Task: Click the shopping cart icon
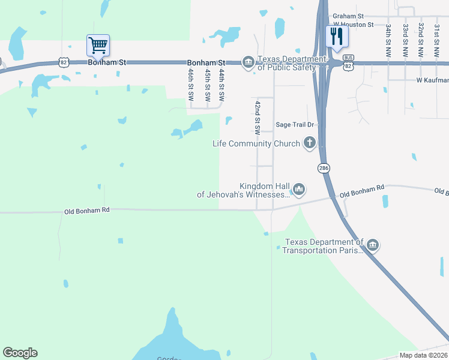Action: [98, 45]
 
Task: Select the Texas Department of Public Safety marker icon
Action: [248, 61]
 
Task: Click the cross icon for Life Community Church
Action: [310, 143]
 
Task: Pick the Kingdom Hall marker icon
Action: [299, 190]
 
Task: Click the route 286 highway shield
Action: [324, 168]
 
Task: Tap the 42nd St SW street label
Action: [257, 116]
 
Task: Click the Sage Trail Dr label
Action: [295, 125]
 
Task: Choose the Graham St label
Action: [349, 16]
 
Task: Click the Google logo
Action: [20, 353]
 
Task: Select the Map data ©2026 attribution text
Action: [424, 355]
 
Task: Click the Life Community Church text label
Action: [256, 143]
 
